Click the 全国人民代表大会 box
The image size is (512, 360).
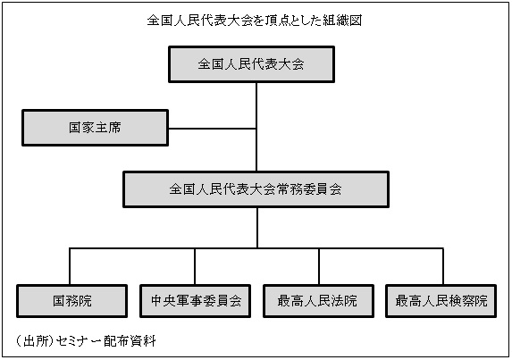pos(251,64)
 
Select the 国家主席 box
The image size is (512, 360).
pos(95,128)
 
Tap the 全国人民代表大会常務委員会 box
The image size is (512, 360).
pos(256,189)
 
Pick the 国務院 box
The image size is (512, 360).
pos(71,301)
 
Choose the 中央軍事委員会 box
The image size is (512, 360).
pos(196,301)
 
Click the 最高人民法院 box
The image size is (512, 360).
pos(318,301)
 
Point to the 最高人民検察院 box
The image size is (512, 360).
pos(441,301)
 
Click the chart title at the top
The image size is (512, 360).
pos(255,21)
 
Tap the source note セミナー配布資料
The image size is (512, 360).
pos(105,341)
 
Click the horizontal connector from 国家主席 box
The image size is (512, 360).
pos(213,129)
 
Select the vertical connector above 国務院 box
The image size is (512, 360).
pos(70,266)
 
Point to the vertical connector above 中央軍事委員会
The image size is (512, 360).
pos(195,266)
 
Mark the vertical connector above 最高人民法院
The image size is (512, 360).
pos(319,266)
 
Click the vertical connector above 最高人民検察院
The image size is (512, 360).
pos(443,266)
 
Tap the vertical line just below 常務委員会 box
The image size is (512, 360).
pos(257,228)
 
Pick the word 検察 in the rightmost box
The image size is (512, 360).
pos(461,301)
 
